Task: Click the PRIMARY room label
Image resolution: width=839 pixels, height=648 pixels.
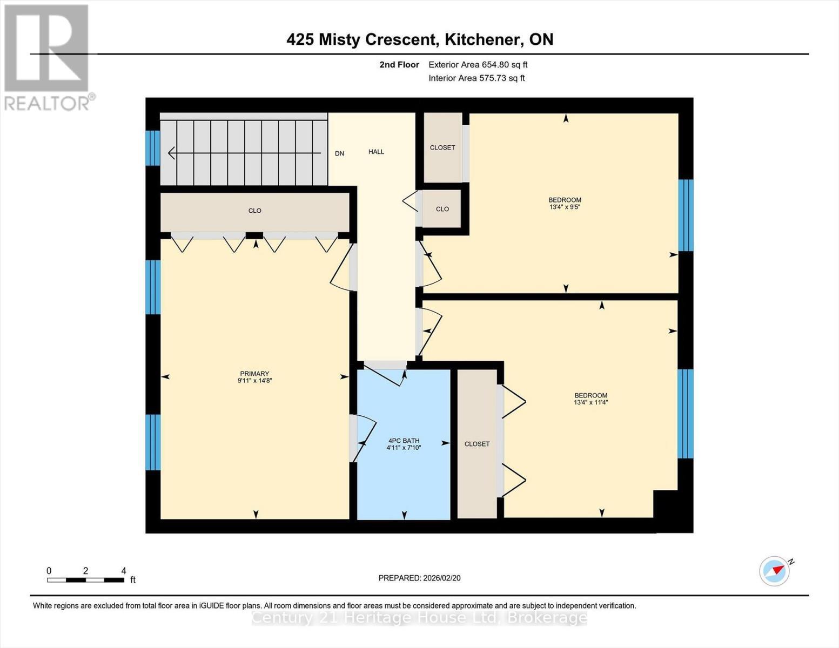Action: (x=254, y=374)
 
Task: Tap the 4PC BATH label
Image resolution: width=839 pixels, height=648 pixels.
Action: (x=404, y=441)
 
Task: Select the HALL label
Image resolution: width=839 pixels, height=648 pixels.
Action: (x=376, y=152)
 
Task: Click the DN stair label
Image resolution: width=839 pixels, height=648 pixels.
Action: (x=339, y=153)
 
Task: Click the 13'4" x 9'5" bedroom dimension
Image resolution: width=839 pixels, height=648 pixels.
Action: (x=565, y=207)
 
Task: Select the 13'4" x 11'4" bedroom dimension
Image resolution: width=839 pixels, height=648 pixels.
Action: (x=591, y=402)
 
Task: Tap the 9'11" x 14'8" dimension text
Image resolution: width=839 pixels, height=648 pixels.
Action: (x=254, y=381)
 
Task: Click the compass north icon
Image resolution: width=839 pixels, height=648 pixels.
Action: (x=775, y=570)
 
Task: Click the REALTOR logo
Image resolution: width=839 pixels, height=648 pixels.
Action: (x=48, y=57)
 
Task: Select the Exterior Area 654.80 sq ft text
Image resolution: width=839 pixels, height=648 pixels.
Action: (x=478, y=65)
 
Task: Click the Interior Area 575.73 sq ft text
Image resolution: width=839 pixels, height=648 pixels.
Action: (x=476, y=78)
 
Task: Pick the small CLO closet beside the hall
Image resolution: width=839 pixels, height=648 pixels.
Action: (x=442, y=209)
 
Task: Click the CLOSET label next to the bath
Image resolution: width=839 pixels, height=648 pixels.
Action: (x=477, y=444)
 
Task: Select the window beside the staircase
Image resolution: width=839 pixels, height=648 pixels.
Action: (x=153, y=147)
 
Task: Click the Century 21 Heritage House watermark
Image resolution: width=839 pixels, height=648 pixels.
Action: (x=419, y=617)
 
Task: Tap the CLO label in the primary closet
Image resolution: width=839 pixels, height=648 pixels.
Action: (x=254, y=211)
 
